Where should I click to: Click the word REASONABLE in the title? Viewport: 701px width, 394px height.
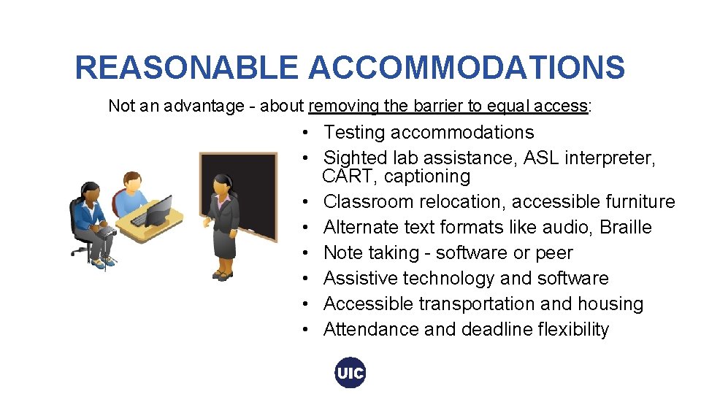[186, 68]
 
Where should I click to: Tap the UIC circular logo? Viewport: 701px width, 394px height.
[350, 373]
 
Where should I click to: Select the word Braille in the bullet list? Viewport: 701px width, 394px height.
[625, 227]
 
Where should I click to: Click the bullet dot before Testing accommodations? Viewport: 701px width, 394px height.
[310, 133]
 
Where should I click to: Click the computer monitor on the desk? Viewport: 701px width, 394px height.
[158, 210]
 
